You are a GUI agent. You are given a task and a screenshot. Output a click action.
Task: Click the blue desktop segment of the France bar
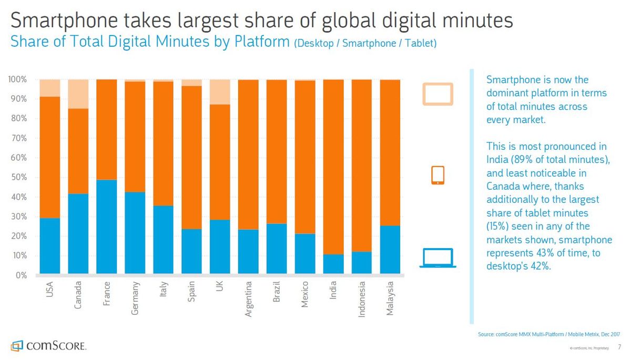pos(106,227)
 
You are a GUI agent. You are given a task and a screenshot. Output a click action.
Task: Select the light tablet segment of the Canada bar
pos(78,94)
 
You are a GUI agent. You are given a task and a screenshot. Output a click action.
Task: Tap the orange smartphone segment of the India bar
pos(333,167)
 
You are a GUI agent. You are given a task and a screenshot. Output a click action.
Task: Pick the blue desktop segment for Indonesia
pos(362,263)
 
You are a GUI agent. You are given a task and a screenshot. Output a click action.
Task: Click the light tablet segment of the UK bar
pos(220,92)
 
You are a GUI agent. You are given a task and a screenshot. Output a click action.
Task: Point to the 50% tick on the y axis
pos(19,177)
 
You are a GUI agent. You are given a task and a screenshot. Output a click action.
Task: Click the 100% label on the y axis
pos(17,79)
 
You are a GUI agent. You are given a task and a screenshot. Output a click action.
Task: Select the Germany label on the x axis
pos(135,298)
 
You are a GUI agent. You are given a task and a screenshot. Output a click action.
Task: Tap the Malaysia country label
pos(390,299)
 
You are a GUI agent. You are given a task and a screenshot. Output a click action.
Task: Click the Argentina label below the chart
pos(248,299)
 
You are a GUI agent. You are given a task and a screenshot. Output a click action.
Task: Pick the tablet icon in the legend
pos(437,94)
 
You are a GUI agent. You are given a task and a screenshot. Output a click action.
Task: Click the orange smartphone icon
pos(437,175)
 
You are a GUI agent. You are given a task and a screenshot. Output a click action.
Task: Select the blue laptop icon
pos(437,258)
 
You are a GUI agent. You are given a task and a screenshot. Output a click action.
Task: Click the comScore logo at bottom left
pos(48,346)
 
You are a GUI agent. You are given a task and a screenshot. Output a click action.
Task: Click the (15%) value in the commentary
pos(498,227)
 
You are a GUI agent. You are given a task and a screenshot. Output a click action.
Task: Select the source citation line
pos(549,334)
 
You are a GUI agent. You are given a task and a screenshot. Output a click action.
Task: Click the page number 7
pos(619,347)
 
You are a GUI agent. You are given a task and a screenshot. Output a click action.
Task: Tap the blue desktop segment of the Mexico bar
pos(305,254)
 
